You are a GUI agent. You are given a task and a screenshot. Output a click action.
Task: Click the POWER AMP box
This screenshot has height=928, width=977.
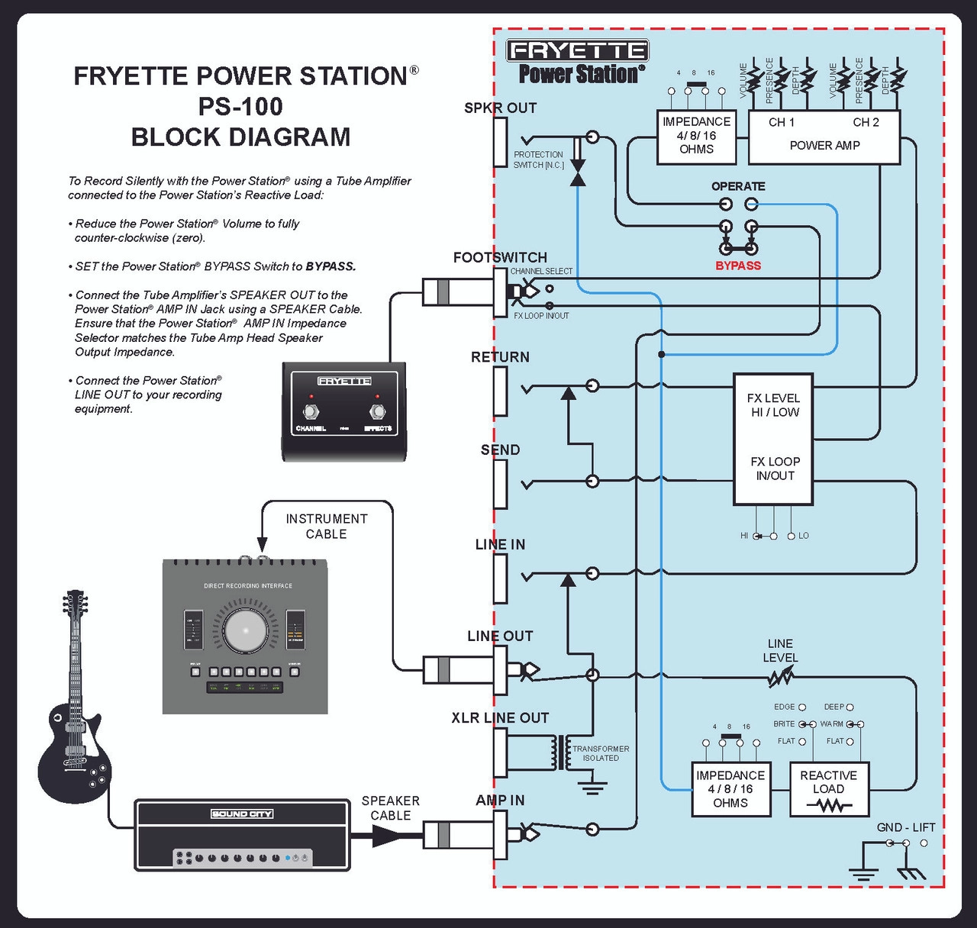824,137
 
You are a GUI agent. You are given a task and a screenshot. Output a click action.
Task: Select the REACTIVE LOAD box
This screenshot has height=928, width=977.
829,789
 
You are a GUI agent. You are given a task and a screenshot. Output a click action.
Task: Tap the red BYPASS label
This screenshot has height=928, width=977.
738,266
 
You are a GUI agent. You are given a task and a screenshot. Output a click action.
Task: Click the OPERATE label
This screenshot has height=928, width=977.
738,186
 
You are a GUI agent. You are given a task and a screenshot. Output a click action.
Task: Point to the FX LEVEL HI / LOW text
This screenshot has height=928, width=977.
773,405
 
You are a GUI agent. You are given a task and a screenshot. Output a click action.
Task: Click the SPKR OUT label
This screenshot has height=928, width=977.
500,108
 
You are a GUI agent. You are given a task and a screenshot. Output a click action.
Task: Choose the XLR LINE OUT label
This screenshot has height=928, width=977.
500,718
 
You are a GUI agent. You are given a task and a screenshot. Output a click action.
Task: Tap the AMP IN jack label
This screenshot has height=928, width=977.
500,801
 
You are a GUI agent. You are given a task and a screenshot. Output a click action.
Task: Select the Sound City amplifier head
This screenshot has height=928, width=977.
242,836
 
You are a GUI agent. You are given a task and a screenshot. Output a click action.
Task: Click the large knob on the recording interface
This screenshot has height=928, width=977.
246,630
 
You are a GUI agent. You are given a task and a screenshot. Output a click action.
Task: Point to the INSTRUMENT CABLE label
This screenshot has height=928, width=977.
327,527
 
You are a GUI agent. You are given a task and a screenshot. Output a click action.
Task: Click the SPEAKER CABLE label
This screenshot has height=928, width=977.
391,808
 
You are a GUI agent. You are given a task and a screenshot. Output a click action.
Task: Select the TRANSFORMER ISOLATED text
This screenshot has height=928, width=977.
601,753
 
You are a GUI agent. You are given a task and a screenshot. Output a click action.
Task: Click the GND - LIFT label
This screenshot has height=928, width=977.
906,827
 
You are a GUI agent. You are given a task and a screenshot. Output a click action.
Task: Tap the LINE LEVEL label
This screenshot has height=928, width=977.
780,651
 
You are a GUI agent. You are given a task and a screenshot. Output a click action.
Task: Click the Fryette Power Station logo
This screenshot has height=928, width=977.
578,62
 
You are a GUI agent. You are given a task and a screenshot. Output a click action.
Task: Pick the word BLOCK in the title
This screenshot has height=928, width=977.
176,137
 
